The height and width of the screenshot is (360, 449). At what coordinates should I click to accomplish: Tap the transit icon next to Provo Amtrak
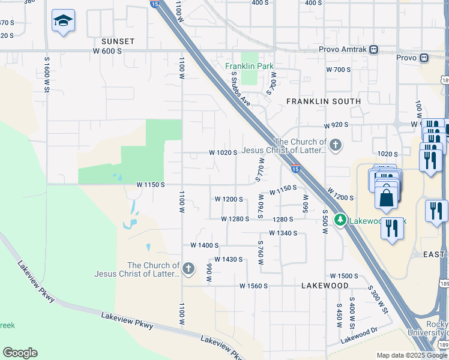click(374, 49)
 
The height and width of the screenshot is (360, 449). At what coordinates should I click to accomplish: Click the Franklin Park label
click(245, 66)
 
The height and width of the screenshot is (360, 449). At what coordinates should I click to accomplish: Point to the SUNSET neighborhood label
click(118, 41)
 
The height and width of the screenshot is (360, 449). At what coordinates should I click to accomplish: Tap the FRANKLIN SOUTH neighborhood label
click(324, 101)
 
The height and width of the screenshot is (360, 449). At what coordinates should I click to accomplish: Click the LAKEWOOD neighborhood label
click(325, 286)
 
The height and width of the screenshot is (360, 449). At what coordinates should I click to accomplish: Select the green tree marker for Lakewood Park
click(341, 220)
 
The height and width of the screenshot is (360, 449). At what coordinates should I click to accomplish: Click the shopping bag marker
click(388, 197)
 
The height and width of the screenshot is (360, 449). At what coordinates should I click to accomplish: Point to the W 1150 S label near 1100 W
click(150, 185)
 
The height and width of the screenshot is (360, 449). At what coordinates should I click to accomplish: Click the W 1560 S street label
click(253, 286)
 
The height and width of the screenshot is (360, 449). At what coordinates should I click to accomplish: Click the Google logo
click(20, 353)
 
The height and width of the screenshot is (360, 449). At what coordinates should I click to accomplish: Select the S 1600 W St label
click(46, 75)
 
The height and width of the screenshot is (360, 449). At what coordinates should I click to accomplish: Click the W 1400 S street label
click(204, 245)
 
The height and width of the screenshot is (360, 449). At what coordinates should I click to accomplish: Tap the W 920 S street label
click(336, 126)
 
